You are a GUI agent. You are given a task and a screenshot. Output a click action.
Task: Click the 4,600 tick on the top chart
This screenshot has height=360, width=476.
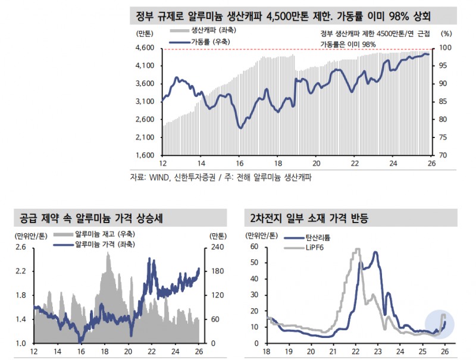146,48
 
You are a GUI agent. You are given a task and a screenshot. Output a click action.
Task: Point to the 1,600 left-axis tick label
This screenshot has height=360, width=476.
146,156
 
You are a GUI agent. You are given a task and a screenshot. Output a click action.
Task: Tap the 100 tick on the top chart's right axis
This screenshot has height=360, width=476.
444,48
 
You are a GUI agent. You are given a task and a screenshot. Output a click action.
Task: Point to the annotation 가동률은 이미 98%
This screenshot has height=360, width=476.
348,44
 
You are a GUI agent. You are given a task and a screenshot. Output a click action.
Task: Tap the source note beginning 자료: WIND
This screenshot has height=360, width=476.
221,177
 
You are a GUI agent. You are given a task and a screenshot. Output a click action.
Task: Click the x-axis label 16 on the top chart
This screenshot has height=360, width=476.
239,164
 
